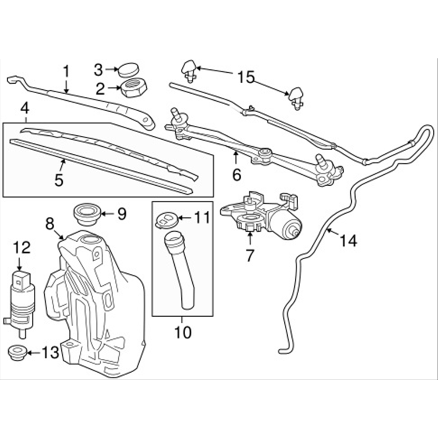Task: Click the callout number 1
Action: tap(66, 71)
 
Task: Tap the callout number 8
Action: tap(49, 224)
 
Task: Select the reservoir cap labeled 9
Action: tap(87, 213)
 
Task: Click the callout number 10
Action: tap(183, 332)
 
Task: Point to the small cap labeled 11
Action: tap(166, 219)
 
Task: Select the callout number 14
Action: tap(348, 240)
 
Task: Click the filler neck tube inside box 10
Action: tap(180, 272)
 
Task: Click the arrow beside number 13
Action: tap(34, 351)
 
